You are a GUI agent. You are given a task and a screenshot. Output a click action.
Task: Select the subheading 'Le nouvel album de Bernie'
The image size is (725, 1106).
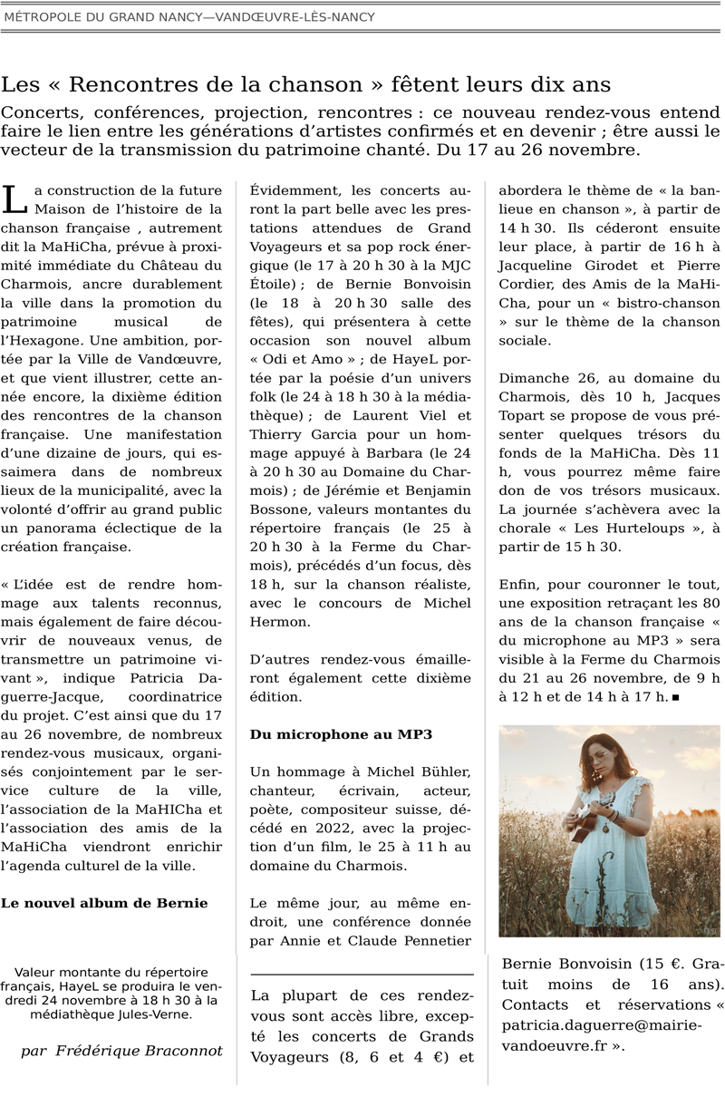tap(104, 903)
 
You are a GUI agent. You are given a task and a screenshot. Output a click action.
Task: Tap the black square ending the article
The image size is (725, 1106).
tap(677, 697)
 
